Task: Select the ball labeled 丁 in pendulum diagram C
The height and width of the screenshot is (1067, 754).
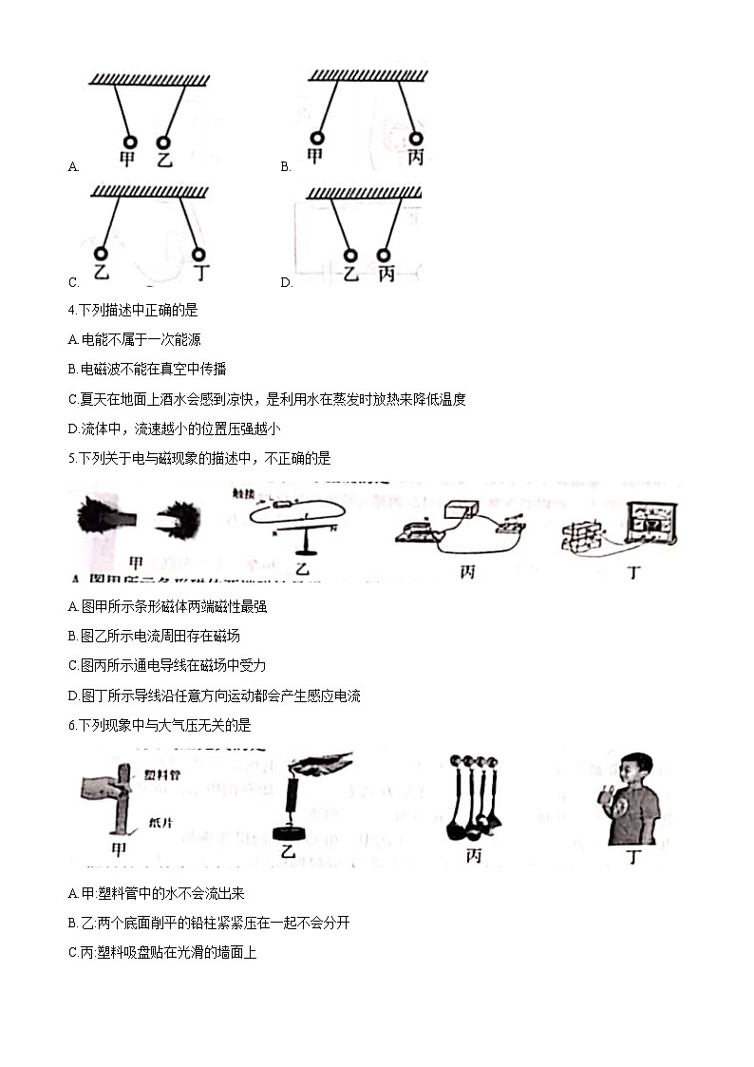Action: click(x=198, y=254)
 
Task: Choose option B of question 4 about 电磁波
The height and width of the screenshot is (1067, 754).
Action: click(x=147, y=369)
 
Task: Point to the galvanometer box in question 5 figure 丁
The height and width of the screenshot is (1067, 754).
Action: click(x=651, y=524)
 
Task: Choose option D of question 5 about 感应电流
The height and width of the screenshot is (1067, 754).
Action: click(x=215, y=695)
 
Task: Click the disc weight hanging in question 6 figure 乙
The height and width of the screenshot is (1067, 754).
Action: click(x=288, y=832)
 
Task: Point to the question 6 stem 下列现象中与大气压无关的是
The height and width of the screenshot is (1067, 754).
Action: click(x=160, y=725)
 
